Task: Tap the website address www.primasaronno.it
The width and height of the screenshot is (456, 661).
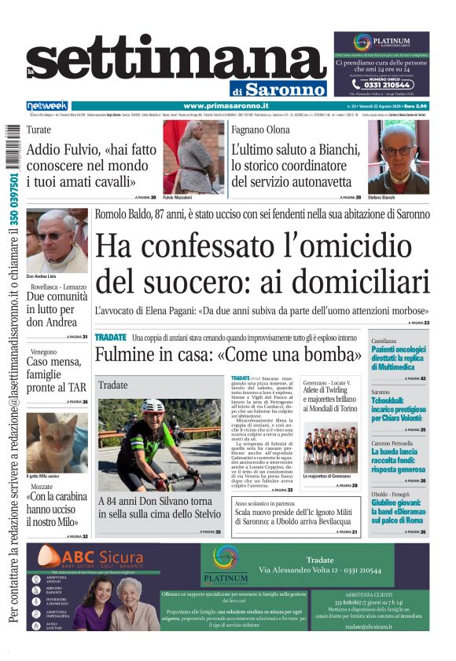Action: coord(226,106)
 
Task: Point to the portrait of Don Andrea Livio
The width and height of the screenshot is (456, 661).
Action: coord(57,240)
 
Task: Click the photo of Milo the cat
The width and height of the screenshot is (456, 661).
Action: coord(57,442)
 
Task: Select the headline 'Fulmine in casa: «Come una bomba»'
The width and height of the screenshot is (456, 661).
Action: coord(222,354)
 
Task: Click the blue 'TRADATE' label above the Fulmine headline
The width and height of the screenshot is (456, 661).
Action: coord(110,337)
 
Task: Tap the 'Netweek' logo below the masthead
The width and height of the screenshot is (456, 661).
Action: coord(47,106)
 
